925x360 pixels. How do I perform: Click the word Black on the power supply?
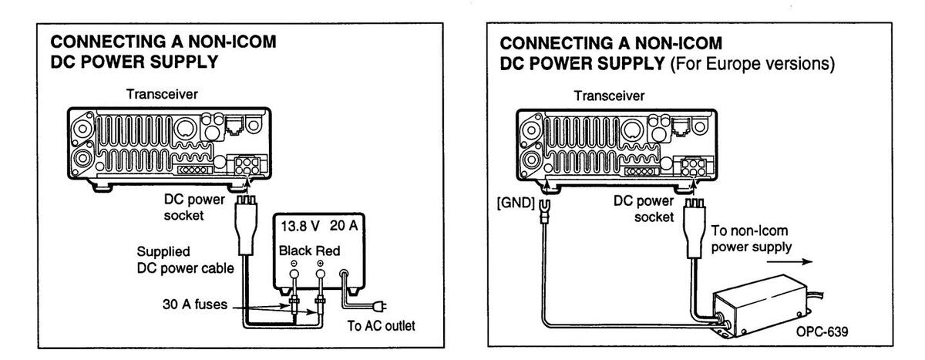[x=296, y=251]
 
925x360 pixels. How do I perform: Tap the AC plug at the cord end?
[x=378, y=303]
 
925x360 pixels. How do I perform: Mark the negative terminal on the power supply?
[x=294, y=271]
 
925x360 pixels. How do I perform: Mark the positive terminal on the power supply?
[x=321, y=271]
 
